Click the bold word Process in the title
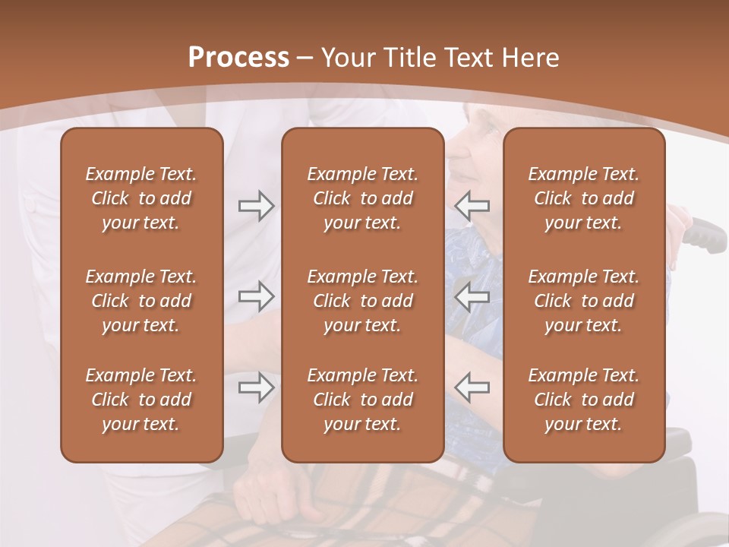[x=238, y=58]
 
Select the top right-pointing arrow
[x=256, y=206]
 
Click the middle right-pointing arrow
[x=256, y=296]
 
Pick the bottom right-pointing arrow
[x=256, y=387]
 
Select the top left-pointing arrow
[x=472, y=206]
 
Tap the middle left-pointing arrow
[x=472, y=296]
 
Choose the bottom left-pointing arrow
[x=472, y=387]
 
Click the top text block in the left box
[x=141, y=198]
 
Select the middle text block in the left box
[x=141, y=301]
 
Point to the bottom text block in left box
[x=141, y=400]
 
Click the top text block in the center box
[x=362, y=198]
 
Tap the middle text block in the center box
[x=362, y=301]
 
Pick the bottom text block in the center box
[x=362, y=400]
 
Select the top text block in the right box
[x=583, y=198]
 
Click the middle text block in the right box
[x=583, y=301]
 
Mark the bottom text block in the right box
[x=583, y=400]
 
